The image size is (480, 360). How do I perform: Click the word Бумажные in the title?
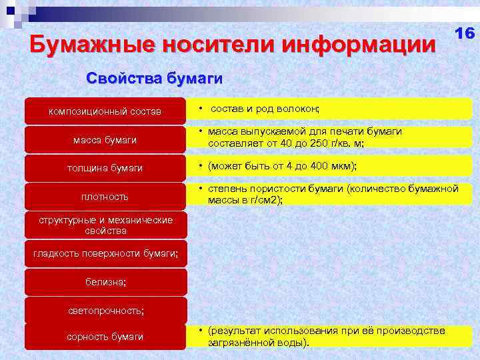[x=88, y=45]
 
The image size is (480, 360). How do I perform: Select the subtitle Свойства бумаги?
[x=155, y=79]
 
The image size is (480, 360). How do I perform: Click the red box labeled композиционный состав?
[x=105, y=111]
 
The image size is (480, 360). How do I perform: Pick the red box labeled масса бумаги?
[x=105, y=139]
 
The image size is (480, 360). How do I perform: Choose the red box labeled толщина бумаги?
[x=105, y=168]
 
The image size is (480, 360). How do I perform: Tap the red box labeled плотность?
[x=105, y=197]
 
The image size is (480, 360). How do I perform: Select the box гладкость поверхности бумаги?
[x=105, y=254]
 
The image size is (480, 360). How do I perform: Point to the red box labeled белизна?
[x=105, y=282]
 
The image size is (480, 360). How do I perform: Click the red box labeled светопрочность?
[x=105, y=311]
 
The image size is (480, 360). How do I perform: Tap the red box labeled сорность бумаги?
[x=105, y=337]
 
